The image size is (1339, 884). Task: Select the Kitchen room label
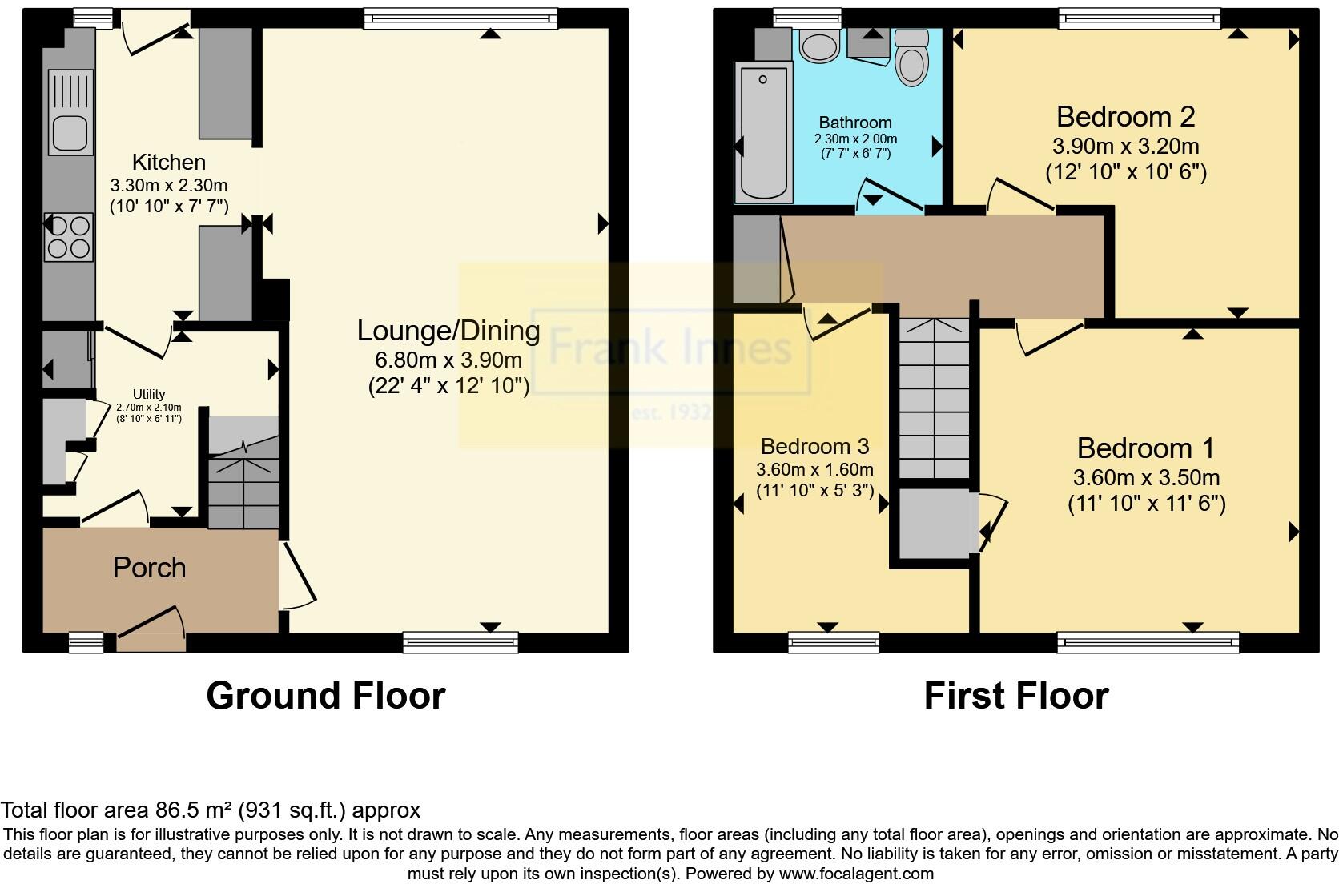coord(168,162)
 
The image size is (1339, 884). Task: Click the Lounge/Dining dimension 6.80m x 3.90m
coord(448,360)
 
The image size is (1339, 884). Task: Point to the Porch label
coord(149,567)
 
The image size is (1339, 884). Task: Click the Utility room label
coord(149,394)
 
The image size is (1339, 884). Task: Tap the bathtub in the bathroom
coord(765,132)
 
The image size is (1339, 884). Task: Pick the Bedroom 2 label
coord(1125,117)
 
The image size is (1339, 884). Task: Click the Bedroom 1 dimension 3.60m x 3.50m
coord(1146,478)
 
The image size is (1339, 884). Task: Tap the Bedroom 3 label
coord(814,446)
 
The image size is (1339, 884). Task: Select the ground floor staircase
coord(243,480)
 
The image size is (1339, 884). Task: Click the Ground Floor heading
coord(325,695)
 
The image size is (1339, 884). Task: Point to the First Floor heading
coord(1015,695)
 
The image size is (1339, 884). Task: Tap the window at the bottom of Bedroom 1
coord(1147,641)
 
